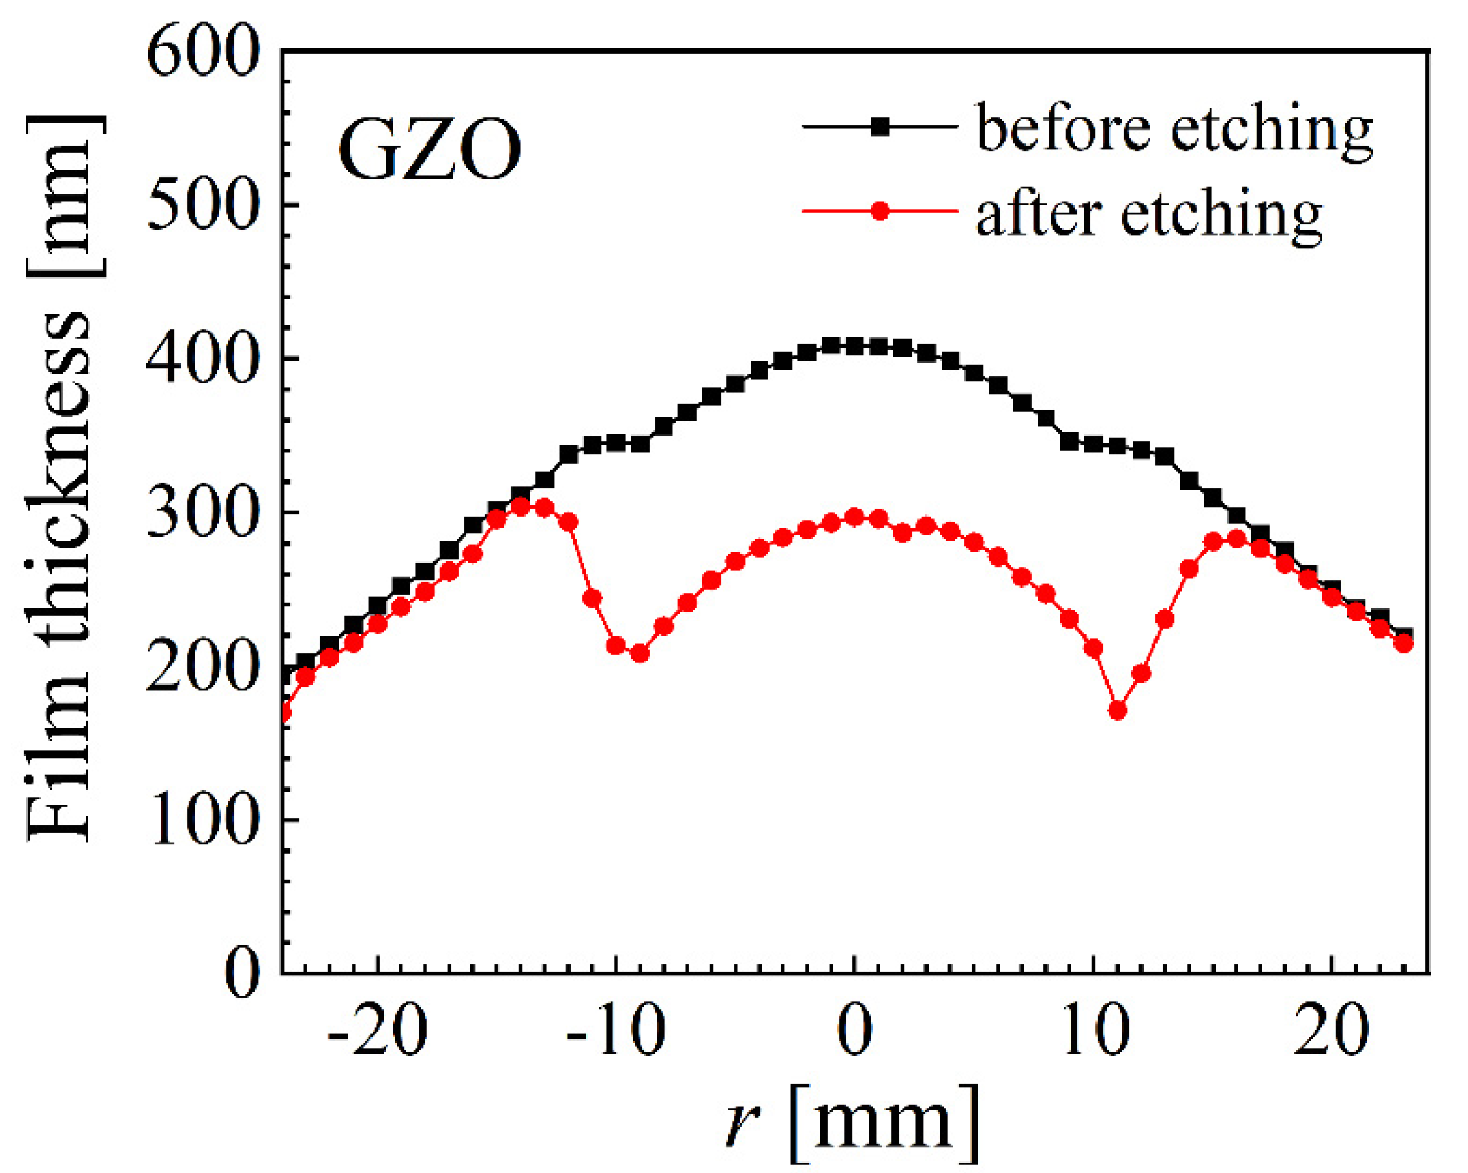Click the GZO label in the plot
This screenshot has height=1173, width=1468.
pyautogui.click(x=429, y=150)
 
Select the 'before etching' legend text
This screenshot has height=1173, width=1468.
pyautogui.click(x=1174, y=130)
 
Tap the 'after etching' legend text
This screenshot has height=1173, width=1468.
pyautogui.click(x=1149, y=215)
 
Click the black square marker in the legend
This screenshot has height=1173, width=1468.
pyautogui.click(x=880, y=127)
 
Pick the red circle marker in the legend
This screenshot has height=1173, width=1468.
pyautogui.click(x=880, y=211)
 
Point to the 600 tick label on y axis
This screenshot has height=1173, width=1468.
pyautogui.click(x=203, y=54)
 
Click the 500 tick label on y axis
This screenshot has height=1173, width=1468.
pyautogui.click(x=203, y=205)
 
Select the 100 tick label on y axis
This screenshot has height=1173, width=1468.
pyautogui.click(x=204, y=821)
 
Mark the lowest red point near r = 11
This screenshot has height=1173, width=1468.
pyautogui.click(x=1118, y=710)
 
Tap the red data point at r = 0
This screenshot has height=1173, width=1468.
pyautogui.click(x=855, y=517)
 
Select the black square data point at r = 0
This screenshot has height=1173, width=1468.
pyautogui.click(x=855, y=346)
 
